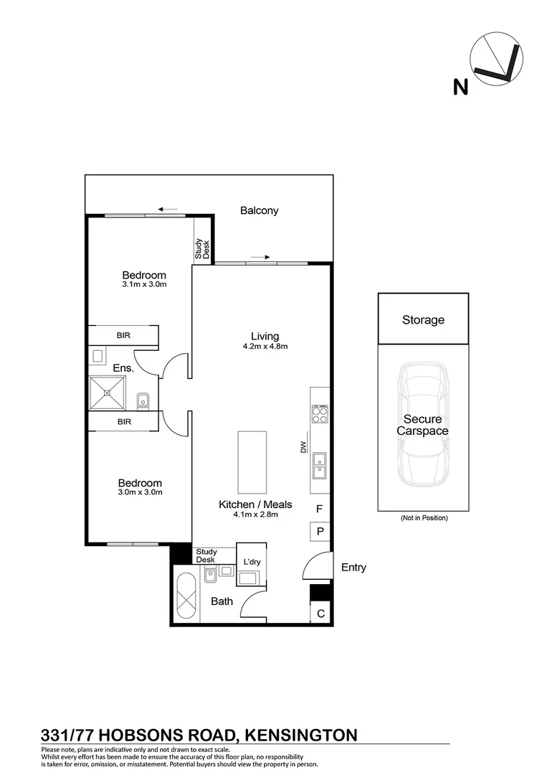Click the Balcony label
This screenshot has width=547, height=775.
pyautogui.click(x=259, y=211)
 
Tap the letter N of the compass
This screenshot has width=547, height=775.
pyautogui.click(x=460, y=87)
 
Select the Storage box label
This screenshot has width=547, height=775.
pyautogui.click(x=423, y=320)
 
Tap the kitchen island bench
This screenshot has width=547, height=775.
pyautogui.click(x=252, y=461)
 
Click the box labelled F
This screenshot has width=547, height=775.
pyautogui.click(x=320, y=509)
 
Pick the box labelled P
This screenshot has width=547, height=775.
pyautogui.click(x=320, y=532)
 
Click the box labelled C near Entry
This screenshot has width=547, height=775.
pyautogui.click(x=320, y=613)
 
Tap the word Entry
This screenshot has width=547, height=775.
pyautogui.click(x=353, y=568)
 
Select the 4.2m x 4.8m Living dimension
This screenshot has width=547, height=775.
pyautogui.click(x=265, y=347)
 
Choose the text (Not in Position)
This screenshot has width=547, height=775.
pyautogui.click(x=423, y=517)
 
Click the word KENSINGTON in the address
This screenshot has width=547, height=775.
pyautogui.click(x=301, y=735)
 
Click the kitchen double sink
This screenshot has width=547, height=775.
pyautogui.click(x=319, y=465)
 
